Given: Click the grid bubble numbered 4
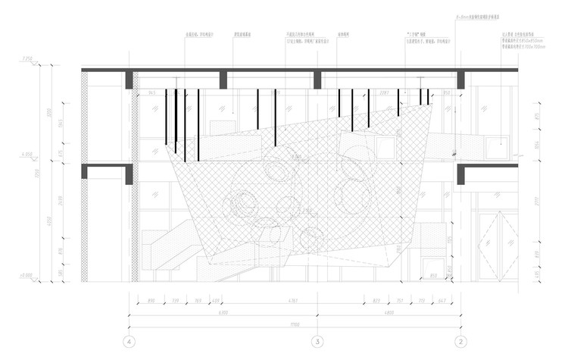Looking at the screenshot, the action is (131, 341).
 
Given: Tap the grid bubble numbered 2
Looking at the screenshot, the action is (460, 341).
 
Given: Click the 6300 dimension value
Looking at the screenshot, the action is (224, 312).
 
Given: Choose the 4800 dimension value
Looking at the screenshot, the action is (389, 312).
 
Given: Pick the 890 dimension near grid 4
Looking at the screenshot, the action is (151, 302).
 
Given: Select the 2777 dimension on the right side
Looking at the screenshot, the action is (535, 205).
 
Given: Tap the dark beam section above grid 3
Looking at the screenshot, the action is (318, 80).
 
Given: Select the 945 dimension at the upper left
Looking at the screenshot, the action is (151, 93).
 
